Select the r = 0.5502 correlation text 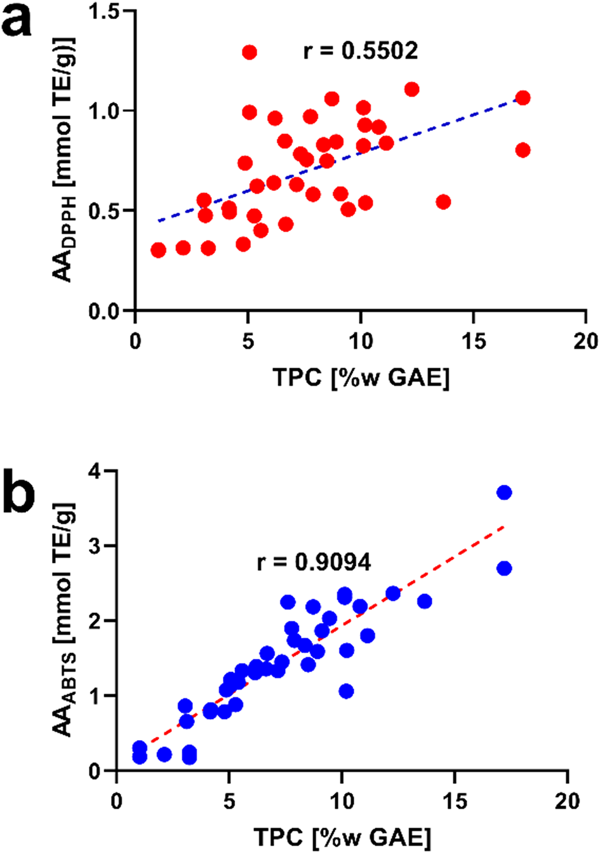(361, 51)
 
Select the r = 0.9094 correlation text (314, 562)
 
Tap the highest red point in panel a (249, 52)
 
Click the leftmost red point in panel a (158, 250)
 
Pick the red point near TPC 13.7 (443, 202)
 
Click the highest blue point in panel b (504, 493)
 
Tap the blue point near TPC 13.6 (424, 601)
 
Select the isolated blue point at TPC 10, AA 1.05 (346, 691)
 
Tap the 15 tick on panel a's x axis (474, 341)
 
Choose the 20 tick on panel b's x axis (567, 801)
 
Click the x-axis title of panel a (361, 378)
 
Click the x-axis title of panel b (342, 838)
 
